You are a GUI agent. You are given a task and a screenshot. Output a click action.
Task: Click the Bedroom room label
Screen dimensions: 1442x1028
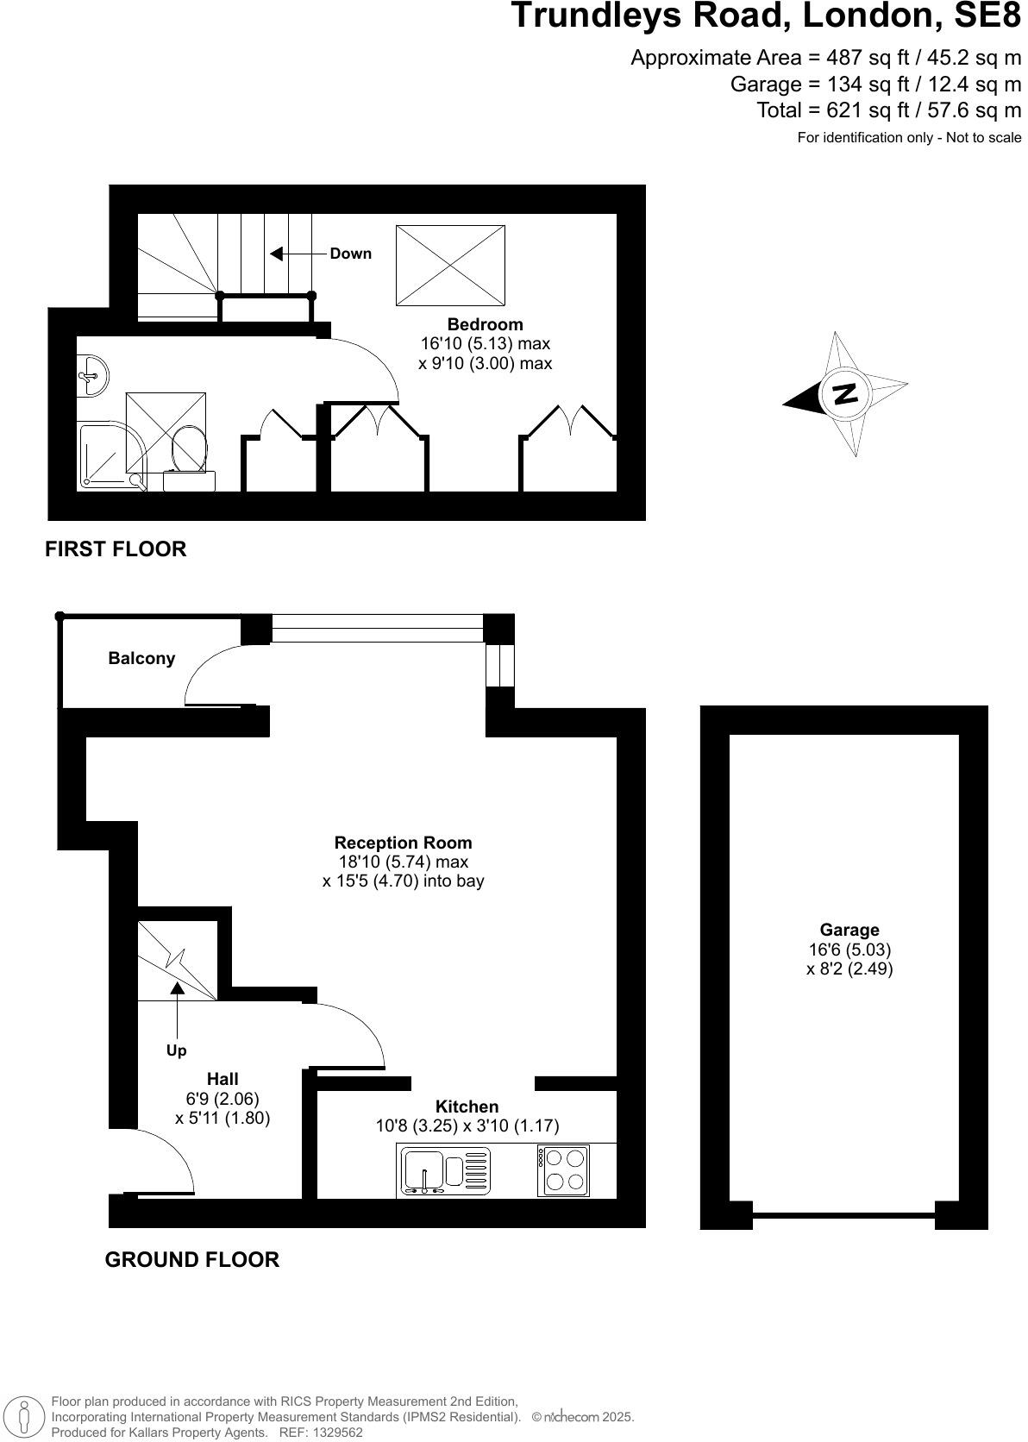click(485, 324)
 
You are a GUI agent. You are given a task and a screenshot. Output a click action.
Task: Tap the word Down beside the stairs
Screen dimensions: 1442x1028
click(350, 254)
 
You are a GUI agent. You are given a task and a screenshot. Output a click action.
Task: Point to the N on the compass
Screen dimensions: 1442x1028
click(844, 393)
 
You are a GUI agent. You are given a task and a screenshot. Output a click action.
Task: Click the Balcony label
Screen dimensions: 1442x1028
click(141, 658)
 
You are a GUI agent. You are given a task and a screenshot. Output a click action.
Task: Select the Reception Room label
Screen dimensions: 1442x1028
click(403, 843)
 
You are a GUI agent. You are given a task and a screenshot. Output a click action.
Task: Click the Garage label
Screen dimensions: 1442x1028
click(849, 930)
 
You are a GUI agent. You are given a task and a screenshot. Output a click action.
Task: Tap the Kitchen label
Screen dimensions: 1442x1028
click(467, 1107)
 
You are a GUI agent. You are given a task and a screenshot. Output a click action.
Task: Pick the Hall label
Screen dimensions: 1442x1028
click(223, 1079)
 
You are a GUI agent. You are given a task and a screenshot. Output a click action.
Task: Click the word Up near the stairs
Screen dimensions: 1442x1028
click(176, 1050)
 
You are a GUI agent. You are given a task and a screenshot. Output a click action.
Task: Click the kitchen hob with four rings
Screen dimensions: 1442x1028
click(564, 1170)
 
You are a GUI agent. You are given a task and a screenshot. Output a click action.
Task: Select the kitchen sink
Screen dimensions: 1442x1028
click(424, 1171)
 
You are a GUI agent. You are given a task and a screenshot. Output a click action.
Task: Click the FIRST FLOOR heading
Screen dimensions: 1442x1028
click(116, 549)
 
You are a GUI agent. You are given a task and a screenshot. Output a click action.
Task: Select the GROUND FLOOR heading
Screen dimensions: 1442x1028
click(191, 1260)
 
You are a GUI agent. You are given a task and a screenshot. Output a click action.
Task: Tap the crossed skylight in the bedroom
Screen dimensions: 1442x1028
click(450, 266)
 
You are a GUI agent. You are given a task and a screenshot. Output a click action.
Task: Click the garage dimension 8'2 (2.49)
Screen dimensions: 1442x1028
click(849, 969)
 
